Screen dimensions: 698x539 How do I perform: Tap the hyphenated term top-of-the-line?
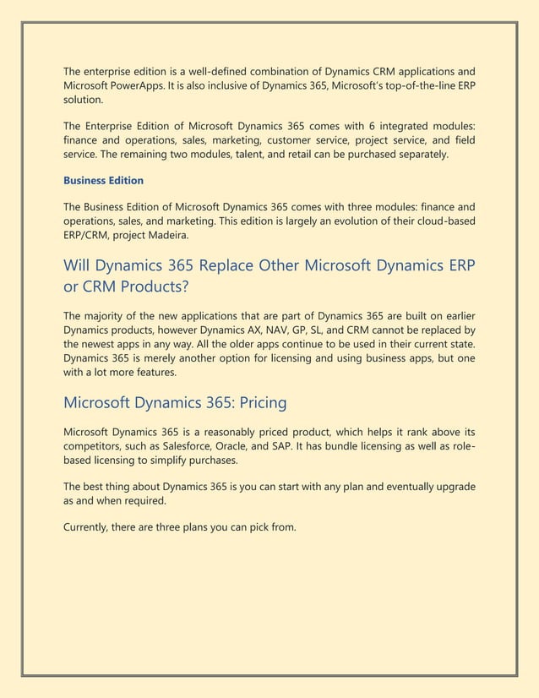tap(400, 85)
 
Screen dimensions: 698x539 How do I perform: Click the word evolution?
tap(340, 221)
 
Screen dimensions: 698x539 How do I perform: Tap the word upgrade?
tap(453, 488)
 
